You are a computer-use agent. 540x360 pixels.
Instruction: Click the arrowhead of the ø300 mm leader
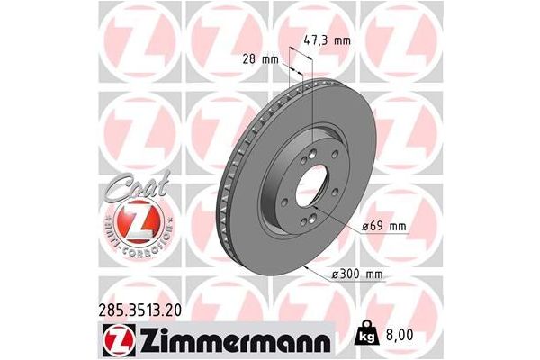308,267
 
